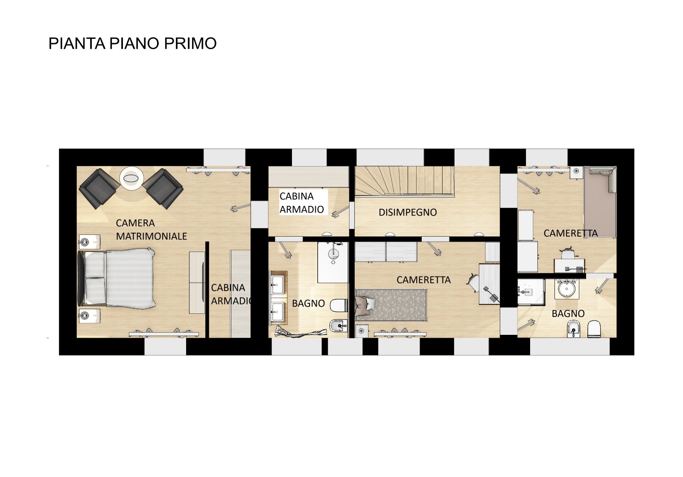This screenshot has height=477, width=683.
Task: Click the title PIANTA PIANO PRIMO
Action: [132, 44]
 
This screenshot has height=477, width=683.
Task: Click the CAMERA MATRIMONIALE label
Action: [151, 229]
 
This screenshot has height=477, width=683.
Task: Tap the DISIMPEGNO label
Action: [408, 212]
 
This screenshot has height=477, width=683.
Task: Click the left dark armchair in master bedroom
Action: [99, 188]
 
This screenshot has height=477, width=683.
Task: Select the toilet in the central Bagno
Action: [340, 305]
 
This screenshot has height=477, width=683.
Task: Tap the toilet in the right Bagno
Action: [594, 329]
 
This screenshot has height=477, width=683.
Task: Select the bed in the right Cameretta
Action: [600, 203]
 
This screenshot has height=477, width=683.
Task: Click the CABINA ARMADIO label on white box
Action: [302, 203]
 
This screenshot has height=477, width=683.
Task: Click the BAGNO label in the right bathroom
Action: [568, 313]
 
